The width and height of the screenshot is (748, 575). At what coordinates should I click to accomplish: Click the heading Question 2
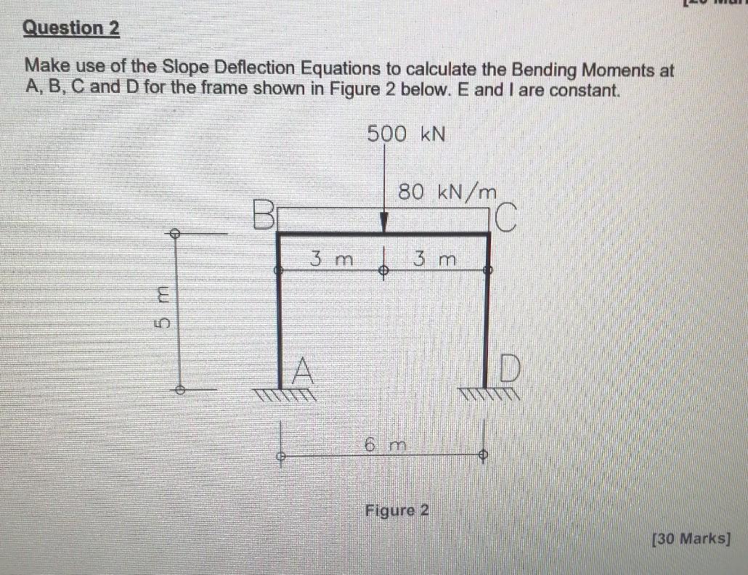71,29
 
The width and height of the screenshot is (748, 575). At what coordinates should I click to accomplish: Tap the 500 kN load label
406,134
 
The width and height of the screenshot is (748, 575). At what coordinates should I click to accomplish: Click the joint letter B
264,214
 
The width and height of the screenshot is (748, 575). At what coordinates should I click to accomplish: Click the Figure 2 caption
397,510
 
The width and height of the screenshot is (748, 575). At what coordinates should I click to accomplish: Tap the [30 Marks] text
690,539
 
